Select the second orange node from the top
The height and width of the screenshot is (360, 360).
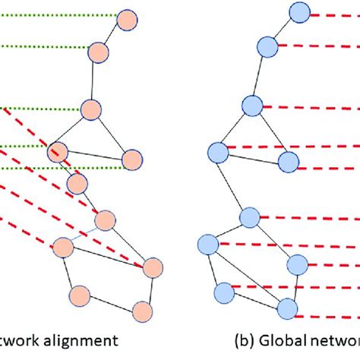point(99,52)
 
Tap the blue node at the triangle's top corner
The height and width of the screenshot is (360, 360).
point(252,105)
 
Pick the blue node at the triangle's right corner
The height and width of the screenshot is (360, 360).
point(287,161)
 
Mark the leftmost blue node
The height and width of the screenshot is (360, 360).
point(207,244)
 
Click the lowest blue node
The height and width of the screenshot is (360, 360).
point(286,308)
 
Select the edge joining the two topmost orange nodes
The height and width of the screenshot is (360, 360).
point(112,35)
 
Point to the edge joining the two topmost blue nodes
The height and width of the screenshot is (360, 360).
point(284,30)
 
